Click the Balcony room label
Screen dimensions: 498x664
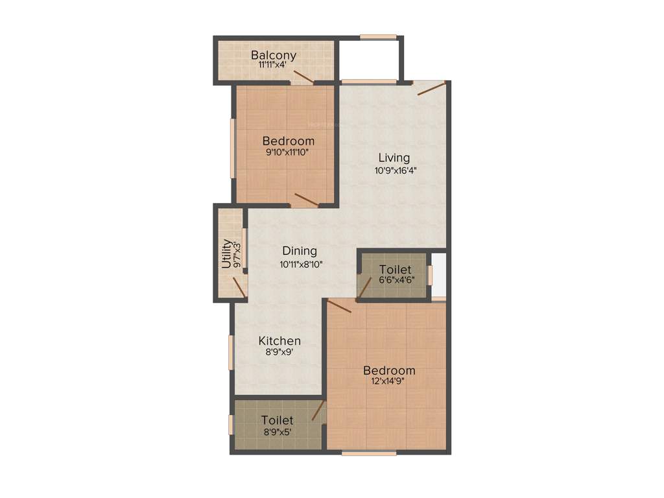pos(274,55)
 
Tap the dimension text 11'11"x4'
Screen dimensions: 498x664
pos(274,65)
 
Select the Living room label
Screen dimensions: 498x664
pos(394,158)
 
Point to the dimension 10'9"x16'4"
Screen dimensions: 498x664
pos(394,171)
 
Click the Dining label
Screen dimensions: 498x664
pos(300,251)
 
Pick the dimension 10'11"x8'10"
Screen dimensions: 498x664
pos(300,264)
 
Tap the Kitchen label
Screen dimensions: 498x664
pos(279,341)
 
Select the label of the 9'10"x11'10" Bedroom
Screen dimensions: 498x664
pos(289,141)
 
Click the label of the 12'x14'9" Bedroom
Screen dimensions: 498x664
pos(389,371)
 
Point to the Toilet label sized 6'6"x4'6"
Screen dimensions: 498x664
pos(396,269)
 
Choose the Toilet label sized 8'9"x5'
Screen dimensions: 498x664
pos(278,421)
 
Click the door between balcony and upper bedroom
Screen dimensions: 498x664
pos(303,77)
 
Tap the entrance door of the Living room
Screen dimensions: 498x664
pos(432,88)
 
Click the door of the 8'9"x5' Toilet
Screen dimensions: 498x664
pos(318,410)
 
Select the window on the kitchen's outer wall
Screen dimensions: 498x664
pos(230,351)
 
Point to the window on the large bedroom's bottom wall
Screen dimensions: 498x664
pos(369,453)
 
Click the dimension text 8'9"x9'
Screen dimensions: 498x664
pos(279,353)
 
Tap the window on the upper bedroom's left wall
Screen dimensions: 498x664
pos(232,147)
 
